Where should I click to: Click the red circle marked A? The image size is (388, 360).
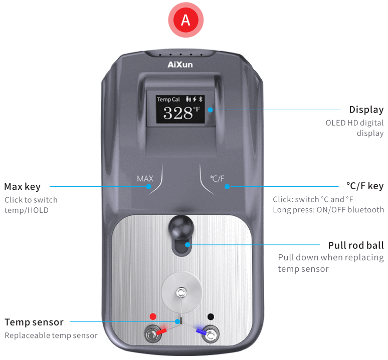(185, 20)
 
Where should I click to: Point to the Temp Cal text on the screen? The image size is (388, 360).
(168, 99)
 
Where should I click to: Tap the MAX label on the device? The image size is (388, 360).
(145, 178)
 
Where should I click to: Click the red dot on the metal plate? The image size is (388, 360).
(153, 316)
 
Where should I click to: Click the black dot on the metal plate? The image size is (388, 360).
(211, 316)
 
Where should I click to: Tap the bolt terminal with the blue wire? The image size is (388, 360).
(211, 334)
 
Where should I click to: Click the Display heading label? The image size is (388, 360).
(366, 110)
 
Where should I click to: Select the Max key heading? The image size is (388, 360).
(22, 187)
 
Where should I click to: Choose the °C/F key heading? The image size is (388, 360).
(365, 186)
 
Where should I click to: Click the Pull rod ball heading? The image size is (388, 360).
(356, 245)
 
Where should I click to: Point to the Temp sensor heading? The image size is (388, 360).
(34, 322)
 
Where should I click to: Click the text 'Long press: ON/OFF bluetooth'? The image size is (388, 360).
(328, 210)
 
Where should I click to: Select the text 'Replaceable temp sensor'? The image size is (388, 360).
(51, 335)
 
